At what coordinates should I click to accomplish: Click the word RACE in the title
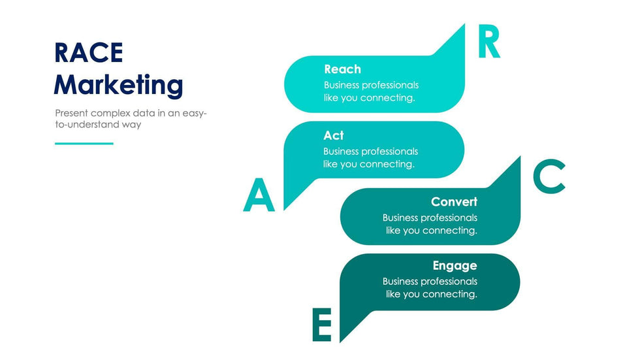88,52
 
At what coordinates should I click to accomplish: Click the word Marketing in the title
118,85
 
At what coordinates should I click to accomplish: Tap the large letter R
488,43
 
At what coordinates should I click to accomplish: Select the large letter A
259,196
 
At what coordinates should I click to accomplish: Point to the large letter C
549,177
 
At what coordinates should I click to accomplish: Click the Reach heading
342,69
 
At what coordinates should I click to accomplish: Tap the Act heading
333,135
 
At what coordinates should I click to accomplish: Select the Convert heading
454,202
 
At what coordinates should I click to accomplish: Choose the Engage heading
455,265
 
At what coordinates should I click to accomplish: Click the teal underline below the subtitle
84,143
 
